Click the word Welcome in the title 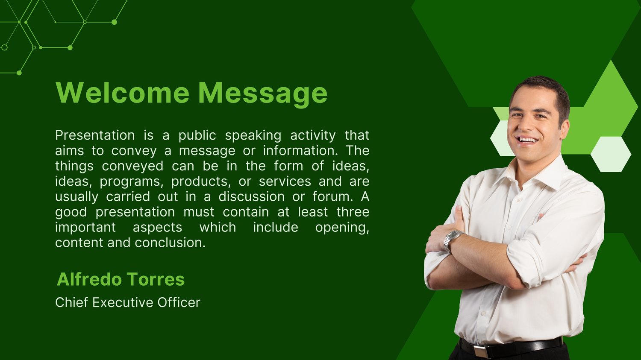pos(123,93)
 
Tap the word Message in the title pos(263,94)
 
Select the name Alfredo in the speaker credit pos(89,279)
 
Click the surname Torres pos(156,279)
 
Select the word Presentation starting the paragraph pos(95,135)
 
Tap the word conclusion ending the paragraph pos(170,243)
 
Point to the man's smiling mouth pos(527,140)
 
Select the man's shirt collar pos(538,173)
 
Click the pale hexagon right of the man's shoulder pos(611,154)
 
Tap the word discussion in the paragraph pos(252,196)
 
